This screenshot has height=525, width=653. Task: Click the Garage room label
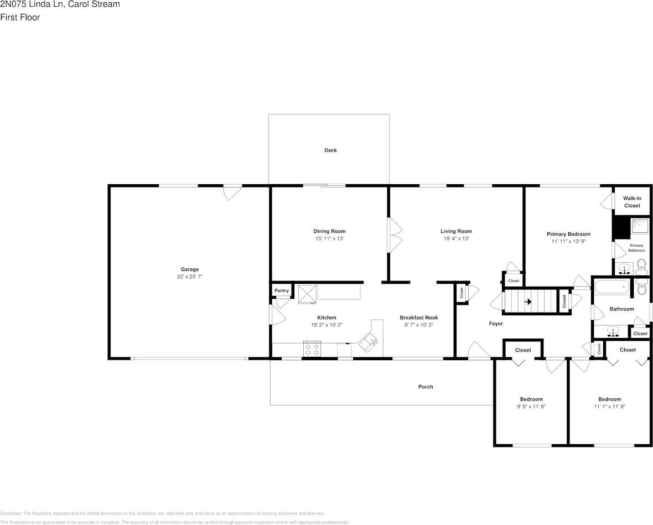click(189, 269)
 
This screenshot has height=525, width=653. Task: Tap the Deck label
click(331, 150)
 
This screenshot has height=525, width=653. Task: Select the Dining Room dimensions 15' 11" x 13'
click(329, 238)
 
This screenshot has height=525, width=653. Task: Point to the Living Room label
click(456, 231)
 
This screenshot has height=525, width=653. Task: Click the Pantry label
click(282, 290)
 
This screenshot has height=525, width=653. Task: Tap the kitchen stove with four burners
click(312, 349)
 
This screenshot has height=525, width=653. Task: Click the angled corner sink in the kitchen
click(370, 342)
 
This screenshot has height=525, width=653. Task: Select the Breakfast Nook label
click(419, 318)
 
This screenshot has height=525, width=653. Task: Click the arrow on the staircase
click(527, 302)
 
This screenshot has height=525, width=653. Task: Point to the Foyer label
click(496, 324)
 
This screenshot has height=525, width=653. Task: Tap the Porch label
click(426, 387)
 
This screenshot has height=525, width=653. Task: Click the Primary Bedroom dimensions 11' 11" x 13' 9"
click(568, 241)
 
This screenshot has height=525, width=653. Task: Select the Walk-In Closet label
click(632, 202)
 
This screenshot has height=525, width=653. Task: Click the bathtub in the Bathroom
click(611, 287)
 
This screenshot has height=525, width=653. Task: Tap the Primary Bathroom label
click(636, 248)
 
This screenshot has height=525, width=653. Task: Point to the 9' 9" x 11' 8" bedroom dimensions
click(531, 407)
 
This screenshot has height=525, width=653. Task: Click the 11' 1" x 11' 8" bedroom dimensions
click(610, 407)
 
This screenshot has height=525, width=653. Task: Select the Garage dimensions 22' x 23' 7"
click(189, 277)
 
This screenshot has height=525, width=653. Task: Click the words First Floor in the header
click(20, 18)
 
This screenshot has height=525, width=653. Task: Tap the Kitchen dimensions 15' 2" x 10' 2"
click(327, 325)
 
